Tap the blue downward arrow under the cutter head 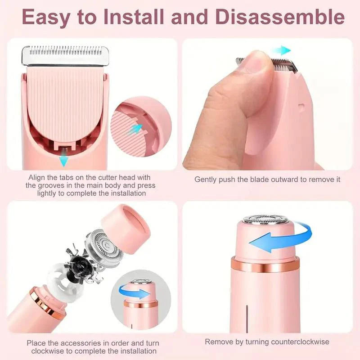64,159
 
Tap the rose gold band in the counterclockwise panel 265,266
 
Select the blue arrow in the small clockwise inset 137,293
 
